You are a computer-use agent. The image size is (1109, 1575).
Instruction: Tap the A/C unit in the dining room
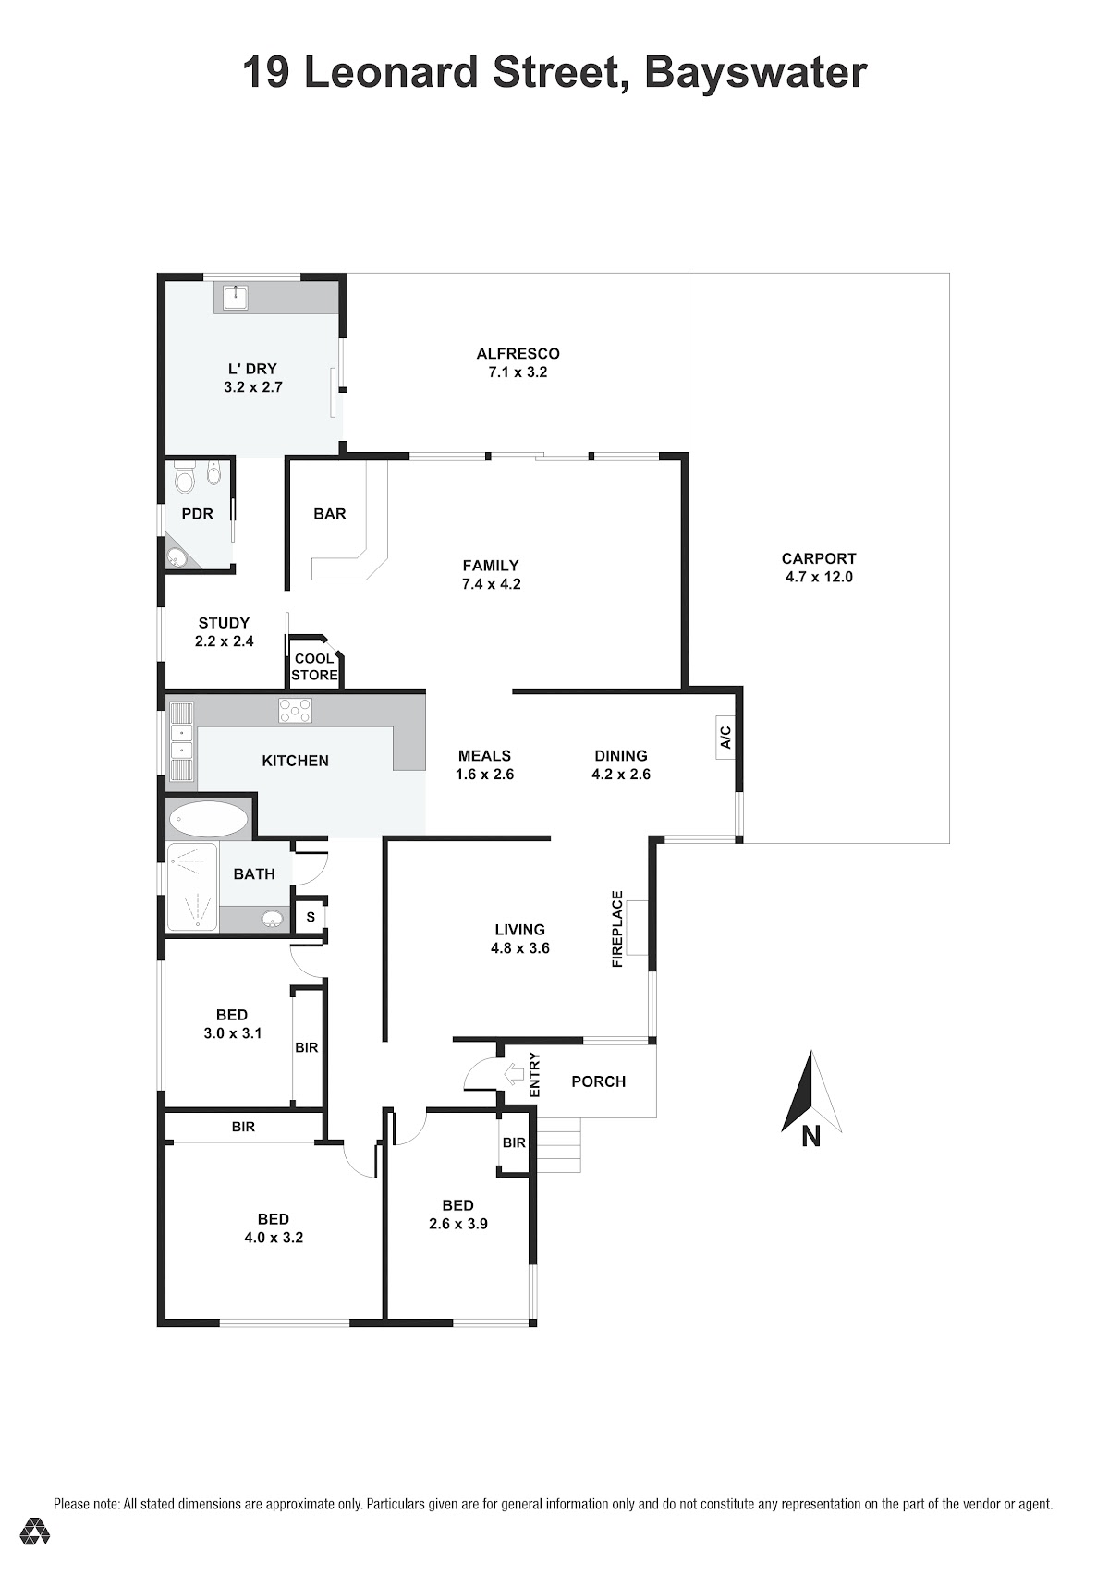[x=725, y=737]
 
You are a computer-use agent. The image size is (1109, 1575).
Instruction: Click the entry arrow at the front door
[x=515, y=1073]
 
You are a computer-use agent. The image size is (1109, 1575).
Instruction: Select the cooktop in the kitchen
[x=295, y=710]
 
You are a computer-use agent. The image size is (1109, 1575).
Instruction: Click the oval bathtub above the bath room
[x=209, y=820]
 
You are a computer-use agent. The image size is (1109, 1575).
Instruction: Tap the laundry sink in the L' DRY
[x=235, y=298]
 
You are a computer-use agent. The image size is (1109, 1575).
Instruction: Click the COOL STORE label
[x=314, y=666]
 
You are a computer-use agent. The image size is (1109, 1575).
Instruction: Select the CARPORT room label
[x=819, y=558]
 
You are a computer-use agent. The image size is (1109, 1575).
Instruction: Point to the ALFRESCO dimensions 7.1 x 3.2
[x=518, y=372]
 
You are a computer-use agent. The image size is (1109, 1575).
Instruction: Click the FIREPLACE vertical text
[x=617, y=929]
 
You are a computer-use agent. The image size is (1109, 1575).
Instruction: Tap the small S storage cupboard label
[x=311, y=918]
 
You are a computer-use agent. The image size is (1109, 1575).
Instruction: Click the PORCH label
[x=599, y=1081]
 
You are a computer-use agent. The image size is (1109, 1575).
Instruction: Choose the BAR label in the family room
[x=330, y=514]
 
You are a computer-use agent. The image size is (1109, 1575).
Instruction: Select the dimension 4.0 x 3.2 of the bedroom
[x=274, y=1238]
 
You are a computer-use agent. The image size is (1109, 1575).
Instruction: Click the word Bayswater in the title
[x=756, y=72]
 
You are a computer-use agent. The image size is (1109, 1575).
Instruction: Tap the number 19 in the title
[x=266, y=72]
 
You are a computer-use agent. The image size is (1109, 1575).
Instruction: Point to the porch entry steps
[x=559, y=1145]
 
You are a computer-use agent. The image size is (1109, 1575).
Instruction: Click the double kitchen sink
[x=182, y=740]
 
